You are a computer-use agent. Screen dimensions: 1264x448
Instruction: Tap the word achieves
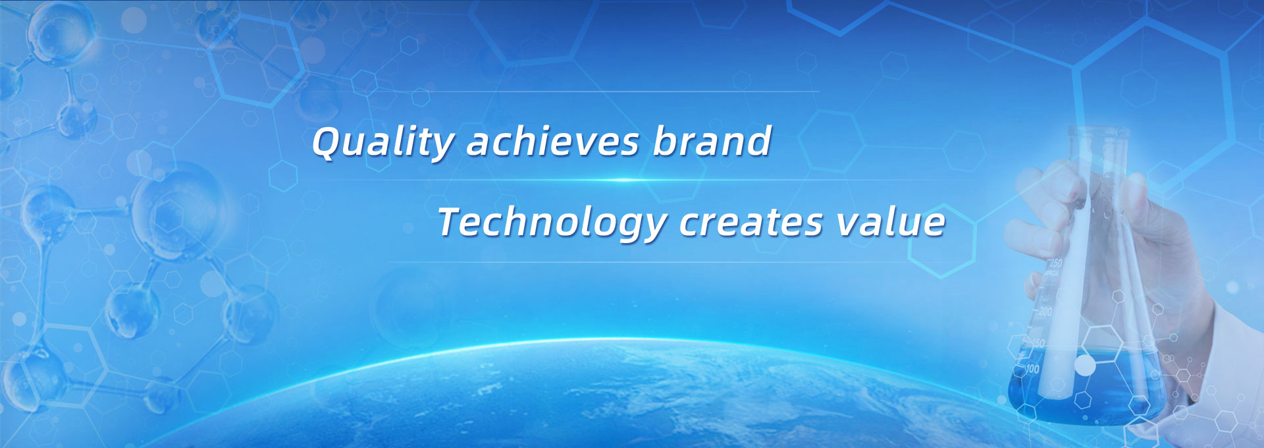point(553,141)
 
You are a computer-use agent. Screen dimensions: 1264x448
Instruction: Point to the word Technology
point(552,222)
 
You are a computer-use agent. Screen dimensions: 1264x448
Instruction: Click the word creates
point(750,223)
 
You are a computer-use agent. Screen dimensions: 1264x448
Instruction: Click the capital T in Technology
point(452,221)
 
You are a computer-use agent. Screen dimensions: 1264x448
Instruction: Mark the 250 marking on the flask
point(1055,263)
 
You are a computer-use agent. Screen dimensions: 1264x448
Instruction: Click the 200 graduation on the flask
point(1045,311)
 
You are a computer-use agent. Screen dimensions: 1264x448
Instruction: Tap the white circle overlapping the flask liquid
point(1084,364)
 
